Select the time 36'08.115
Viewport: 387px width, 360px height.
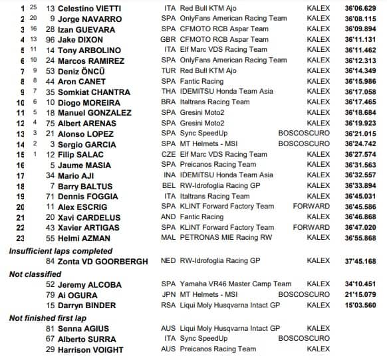pos(362,19)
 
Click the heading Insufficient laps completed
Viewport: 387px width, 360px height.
pos(61,250)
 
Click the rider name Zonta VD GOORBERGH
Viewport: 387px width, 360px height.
pos(106,261)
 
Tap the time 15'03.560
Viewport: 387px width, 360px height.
pos(362,305)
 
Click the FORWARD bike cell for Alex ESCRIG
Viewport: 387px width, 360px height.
pos(311,206)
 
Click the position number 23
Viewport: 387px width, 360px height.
pos(19,237)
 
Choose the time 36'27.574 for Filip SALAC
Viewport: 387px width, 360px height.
pos(362,154)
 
